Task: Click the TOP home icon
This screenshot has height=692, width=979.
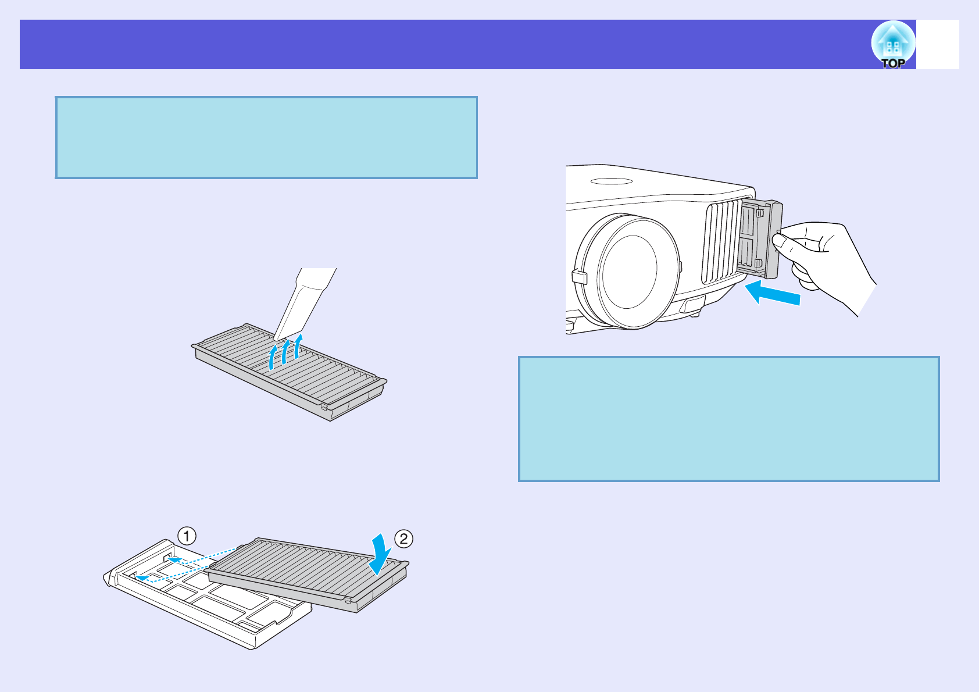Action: (x=893, y=45)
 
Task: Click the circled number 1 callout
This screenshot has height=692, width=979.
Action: (x=187, y=536)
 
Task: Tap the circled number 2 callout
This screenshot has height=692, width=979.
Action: (x=403, y=538)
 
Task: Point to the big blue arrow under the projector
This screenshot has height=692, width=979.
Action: (x=773, y=292)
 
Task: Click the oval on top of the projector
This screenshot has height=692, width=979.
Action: (x=611, y=181)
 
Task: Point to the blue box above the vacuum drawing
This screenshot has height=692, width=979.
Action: (x=266, y=137)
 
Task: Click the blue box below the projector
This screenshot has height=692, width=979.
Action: (x=728, y=419)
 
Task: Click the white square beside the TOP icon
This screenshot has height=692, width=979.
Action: (x=938, y=45)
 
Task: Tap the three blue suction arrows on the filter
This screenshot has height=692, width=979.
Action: (x=285, y=352)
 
